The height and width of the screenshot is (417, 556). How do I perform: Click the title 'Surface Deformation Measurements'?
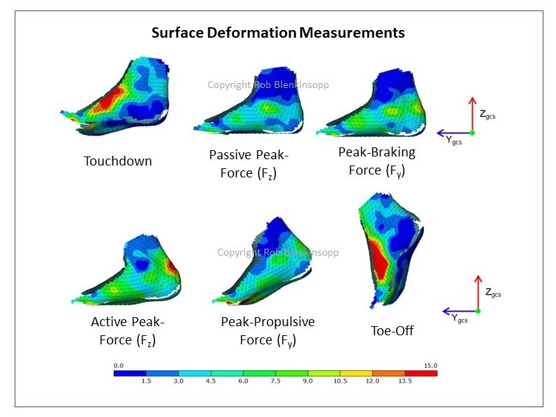coord(278,32)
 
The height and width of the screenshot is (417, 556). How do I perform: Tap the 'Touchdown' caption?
coord(117,161)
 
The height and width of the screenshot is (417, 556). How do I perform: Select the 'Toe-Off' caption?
coord(392,330)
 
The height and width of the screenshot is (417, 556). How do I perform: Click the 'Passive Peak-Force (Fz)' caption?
coord(242,163)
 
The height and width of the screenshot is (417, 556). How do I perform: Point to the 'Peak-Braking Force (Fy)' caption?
coord(376,161)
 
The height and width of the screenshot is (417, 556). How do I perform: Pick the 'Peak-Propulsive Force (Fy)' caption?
coord(268,331)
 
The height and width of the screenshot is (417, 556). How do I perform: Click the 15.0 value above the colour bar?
coord(430,365)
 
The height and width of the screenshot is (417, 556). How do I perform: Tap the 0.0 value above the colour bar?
coord(118,365)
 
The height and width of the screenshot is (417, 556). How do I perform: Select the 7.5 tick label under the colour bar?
coord(275,381)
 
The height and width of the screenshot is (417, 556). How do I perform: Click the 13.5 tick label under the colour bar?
coord(404,381)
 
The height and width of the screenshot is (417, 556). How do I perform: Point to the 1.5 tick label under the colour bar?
coord(146,381)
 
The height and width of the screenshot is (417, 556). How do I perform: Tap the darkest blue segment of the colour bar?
coord(130,373)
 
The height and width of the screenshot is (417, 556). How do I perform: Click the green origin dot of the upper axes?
coord(471,132)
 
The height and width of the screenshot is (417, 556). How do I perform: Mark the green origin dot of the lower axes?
coord(478,310)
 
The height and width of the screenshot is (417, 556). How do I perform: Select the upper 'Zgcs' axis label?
coord(490,115)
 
